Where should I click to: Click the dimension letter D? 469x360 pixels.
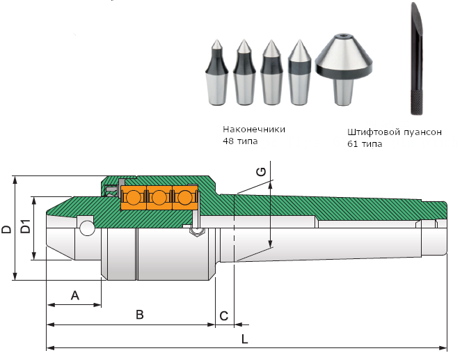tap(6, 229)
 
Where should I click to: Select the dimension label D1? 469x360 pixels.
tap(25, 227)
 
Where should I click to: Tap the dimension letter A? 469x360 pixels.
tap(75, 296)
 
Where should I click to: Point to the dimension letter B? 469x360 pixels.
tap(139, 315)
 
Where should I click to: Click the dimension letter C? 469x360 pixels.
tap(223, 315)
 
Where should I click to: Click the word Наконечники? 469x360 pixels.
tap(254, 129)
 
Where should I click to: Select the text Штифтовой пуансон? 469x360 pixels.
tap(394, 132)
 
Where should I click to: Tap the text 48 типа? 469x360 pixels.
tap(240, 141)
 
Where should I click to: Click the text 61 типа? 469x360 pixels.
tap(365, 144)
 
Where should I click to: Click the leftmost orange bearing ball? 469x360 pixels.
tap(133, 197)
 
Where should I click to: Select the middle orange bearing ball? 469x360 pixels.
tap(159, 197)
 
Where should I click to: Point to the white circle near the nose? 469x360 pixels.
tap(87, 228)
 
